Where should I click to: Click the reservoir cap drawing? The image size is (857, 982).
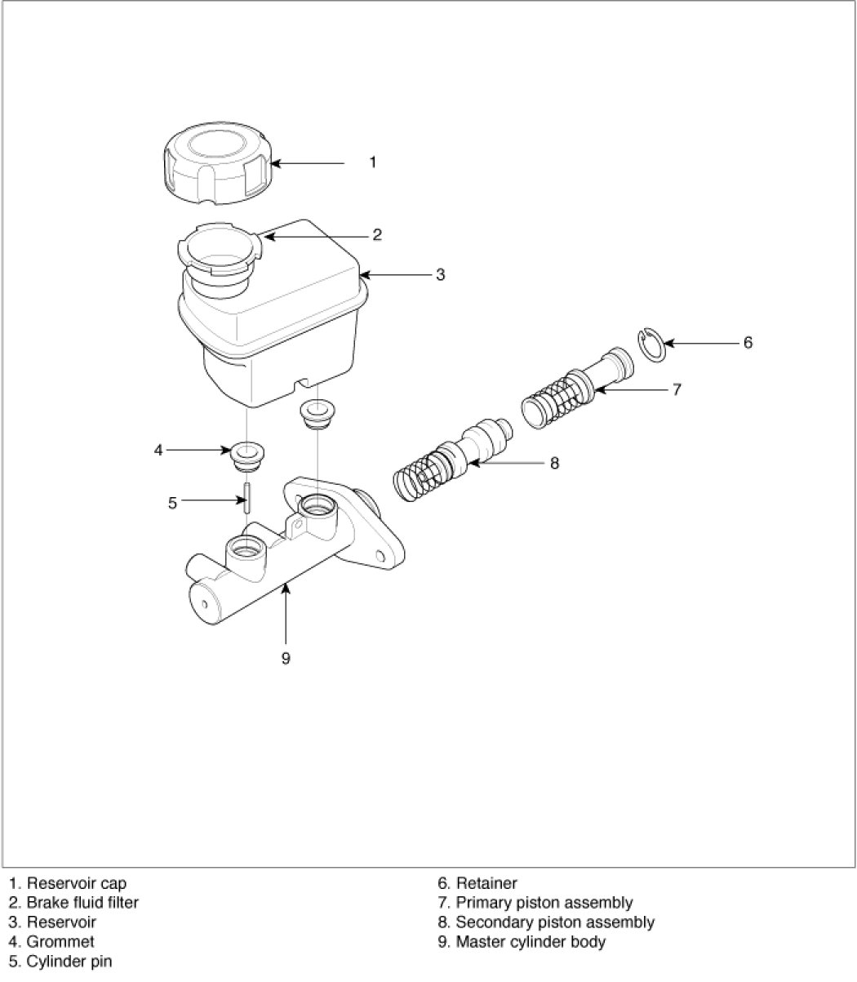click(217, 163)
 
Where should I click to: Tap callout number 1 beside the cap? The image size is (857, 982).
click(372, 162)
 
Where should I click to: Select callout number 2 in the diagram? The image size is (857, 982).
click(377, 235)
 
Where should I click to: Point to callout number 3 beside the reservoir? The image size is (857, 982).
click(441, 274)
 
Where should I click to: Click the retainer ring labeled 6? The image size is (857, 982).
click(651, 345)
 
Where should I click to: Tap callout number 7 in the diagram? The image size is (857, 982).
click(677, 389)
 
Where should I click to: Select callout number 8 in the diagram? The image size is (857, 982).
click(554, 463)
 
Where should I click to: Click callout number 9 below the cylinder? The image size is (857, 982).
click(286, 658)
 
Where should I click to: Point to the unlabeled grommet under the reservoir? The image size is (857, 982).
click(317, 414)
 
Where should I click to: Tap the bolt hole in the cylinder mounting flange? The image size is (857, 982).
click(381, 556)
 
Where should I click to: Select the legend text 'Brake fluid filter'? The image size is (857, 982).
click(82, 903)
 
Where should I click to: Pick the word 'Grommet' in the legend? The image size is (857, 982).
click(60, 942)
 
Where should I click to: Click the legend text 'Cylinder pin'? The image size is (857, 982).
click(69, 962)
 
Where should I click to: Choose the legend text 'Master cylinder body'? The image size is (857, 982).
click(531, 942)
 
